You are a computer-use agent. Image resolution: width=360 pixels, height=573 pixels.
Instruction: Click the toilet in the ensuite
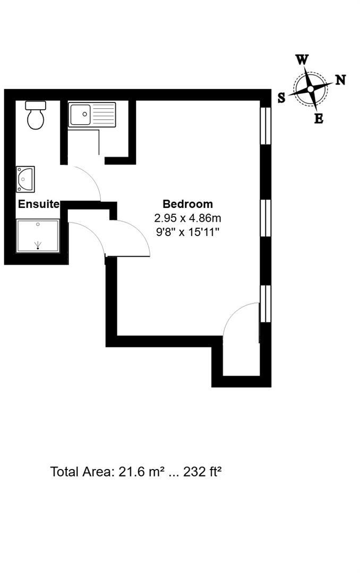pos(36,118)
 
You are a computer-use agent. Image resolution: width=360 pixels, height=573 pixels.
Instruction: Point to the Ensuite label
pos(39,204)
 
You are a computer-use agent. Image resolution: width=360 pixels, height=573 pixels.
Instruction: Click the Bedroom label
pos(187,204)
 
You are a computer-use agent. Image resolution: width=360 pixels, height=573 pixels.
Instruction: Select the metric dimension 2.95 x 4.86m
pos(187,218)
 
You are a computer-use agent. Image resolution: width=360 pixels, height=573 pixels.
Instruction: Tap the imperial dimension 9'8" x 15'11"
pos(187,231)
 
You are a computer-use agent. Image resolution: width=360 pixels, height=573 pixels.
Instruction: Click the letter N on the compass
pos(340,80)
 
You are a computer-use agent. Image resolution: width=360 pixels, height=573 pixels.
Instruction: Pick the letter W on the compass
pos(302,60)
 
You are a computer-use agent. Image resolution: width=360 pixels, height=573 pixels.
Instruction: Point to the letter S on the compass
pos(281,97)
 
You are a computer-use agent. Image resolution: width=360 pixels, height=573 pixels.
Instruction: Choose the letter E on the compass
pos(319,119)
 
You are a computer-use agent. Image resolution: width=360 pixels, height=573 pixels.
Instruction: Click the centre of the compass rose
pos(310,89)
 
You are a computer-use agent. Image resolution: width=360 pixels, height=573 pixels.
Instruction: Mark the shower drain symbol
pos(38,245)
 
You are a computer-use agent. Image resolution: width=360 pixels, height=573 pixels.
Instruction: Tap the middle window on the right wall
pos(266,217)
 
